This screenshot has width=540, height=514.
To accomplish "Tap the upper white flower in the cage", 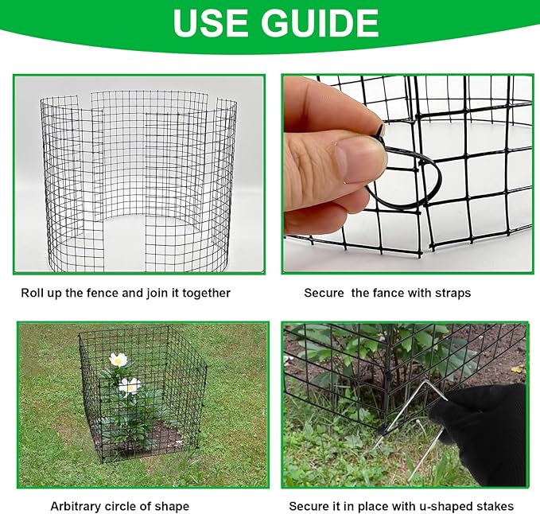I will (118, 360).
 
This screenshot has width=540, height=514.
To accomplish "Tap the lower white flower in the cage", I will (129, 387).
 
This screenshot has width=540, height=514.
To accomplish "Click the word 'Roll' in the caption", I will (32, 293).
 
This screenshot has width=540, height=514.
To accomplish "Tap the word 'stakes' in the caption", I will (495, 506).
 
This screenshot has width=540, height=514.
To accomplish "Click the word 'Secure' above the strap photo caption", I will (323, 293).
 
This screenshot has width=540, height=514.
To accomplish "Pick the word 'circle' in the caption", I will (125, 506).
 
